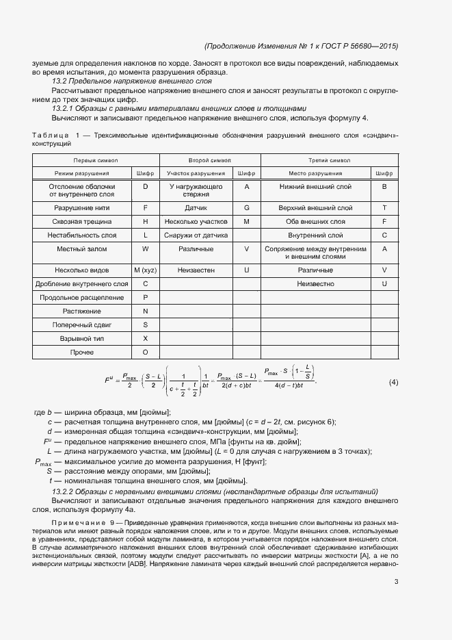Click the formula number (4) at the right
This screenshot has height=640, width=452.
pyautogui.click(x=393, y=382)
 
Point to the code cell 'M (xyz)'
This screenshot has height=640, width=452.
pyautogui.click(x=145, y=270)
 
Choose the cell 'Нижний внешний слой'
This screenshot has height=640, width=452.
pyautogui.click(x=316, y=186)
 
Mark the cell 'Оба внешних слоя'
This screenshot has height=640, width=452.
pyautogui.click(x=316, y=221)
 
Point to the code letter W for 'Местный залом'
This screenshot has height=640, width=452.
pyautogui.click(x=145, y=248)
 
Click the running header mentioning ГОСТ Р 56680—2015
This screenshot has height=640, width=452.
pyautogui.click(x=301, y=46)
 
